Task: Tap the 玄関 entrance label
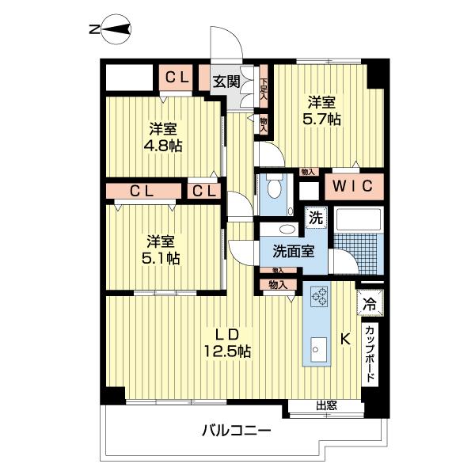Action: (226, 81)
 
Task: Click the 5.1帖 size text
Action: (161, 258)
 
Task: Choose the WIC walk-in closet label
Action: (351, 188)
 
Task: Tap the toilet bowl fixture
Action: (274, 189)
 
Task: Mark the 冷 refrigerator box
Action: (370, 302)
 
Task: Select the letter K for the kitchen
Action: (345, 340)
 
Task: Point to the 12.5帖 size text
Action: (230, 349)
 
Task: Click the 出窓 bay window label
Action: (327, 407)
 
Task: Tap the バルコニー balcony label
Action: (235, 431)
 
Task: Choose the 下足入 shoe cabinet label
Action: (264, 86)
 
